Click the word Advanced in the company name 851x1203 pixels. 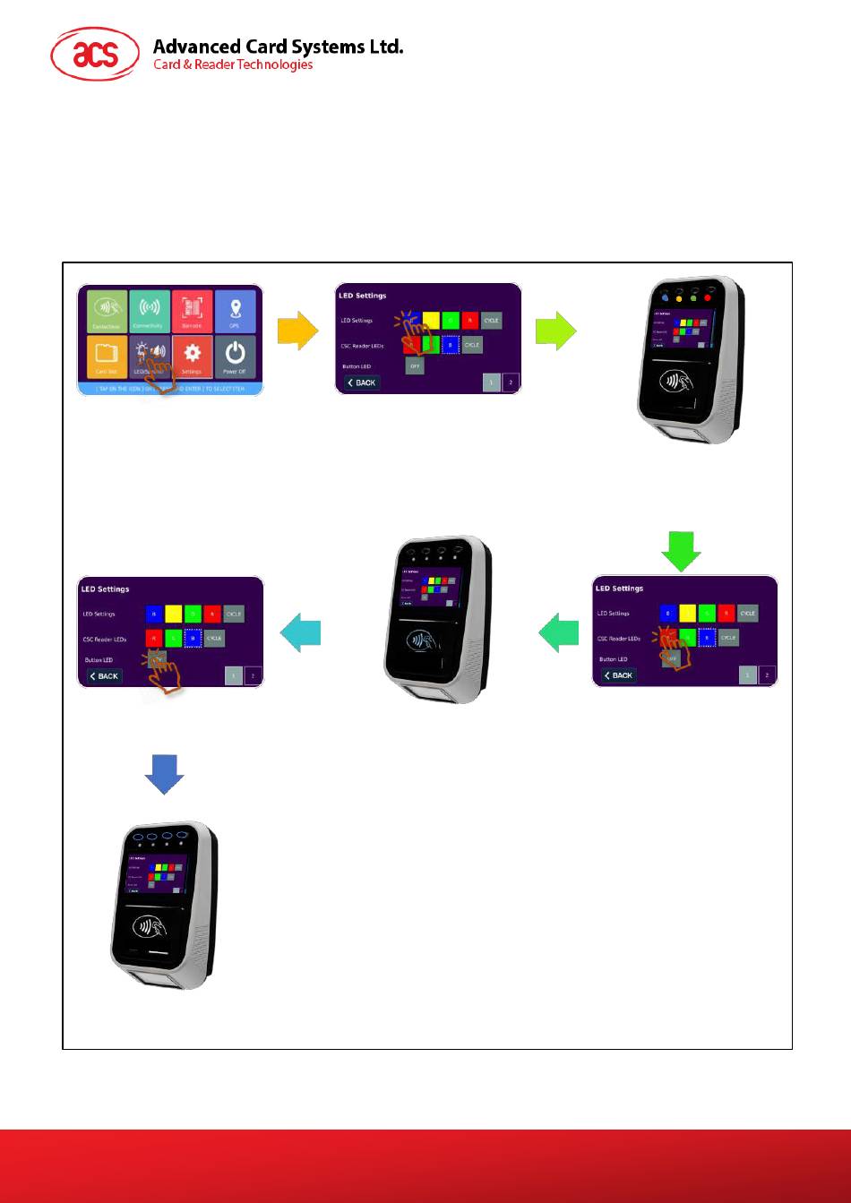(x=197, y=46)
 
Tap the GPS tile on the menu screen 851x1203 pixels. (x=235, y=311)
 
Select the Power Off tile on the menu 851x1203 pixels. (x=235, y=356)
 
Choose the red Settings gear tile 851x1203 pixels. (x=192, y=356)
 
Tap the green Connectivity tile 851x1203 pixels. (x=149, y=311)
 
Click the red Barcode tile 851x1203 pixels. (x=192, y=311)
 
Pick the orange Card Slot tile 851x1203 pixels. (x=107, y=356)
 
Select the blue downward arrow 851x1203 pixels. (x=164, y=773)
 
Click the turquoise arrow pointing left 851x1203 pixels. (x=300, y=633)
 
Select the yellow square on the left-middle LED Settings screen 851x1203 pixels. (x=168, y=614)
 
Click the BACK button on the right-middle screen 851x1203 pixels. (x=619, y=675)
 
